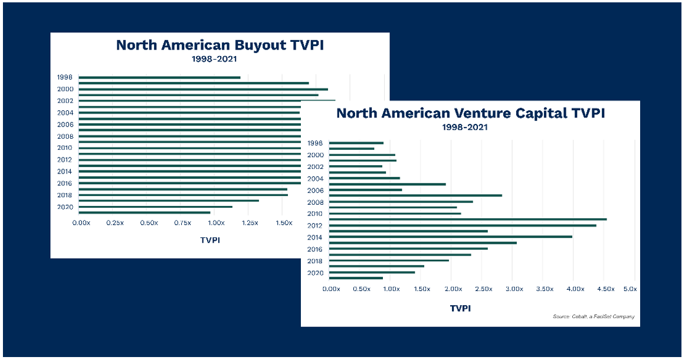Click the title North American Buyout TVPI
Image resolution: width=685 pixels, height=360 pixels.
pyautogui.click(x=219, y=46)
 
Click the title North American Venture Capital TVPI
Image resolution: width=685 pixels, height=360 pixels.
pyautogui.click(x=470, y=113)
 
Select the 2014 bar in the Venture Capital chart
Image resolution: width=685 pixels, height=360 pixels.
pyautogui.click(x=450, y=237)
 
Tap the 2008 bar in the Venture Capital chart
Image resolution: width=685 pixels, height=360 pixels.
pyautogui.click(x=401, y=201)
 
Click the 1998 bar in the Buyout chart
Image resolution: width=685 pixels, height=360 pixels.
pyautogui.click(x=159, y=77)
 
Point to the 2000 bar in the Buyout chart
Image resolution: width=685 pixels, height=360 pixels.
pyautogui.click(x=203, y=89)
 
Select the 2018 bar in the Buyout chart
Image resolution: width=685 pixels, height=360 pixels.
pyautogui.click(x=183, y=195)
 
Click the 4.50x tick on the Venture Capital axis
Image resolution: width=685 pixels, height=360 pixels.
pyautogui.click(x=606, y=289)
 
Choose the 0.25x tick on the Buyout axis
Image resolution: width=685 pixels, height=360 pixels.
pyautogui.click(x=115, y=223)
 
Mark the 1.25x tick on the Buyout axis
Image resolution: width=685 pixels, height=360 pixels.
pyautogui.click(x=250, y=223)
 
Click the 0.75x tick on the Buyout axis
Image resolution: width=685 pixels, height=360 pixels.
pyautogui.click(x=182, y=223)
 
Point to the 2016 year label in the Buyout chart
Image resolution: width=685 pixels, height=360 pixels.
pyautogui.click(x=65, y=184)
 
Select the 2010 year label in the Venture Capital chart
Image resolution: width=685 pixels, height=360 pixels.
pyautogui.click(x=316, y=214)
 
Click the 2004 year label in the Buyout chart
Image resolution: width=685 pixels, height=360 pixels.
pyautogui.click(x=65, y=113)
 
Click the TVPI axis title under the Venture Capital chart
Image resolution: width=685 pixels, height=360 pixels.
pyautogui.click(x=460, y=308)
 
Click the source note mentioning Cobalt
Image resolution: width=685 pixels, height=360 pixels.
pyautogui.click(x=594, y=317)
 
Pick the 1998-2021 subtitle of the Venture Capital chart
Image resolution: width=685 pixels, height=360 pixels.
pyautogui.click(x=470, y=127)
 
